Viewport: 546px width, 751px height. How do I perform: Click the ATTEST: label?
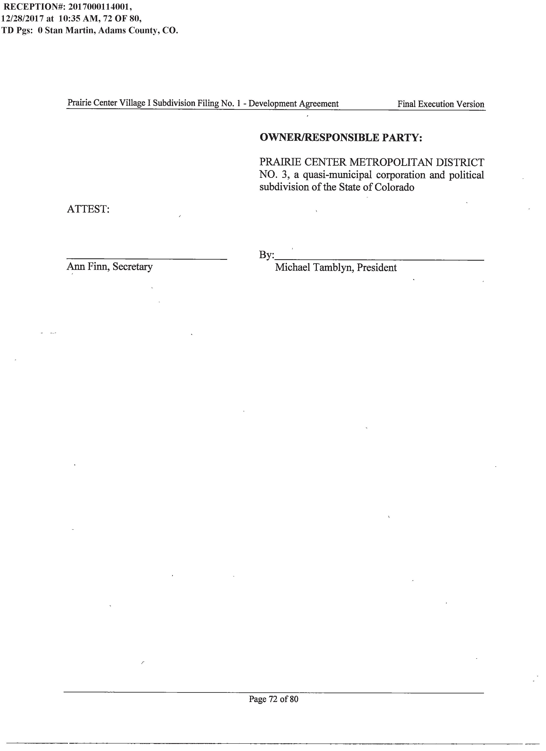[x=88, y=209]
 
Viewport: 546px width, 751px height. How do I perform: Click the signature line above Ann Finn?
[x=147, y=259]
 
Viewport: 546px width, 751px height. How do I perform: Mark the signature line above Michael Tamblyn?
[x=379, y=260]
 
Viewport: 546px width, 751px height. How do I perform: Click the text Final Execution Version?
[x=441, y=104]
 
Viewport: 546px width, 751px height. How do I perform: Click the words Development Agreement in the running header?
[x=293, y=104]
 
